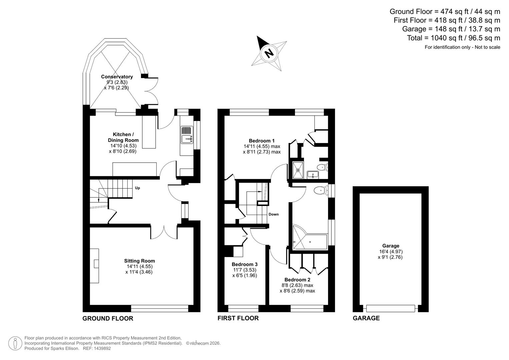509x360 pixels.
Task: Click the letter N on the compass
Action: (x=269, y=53)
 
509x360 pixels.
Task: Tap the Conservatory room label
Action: (x=117, y=77)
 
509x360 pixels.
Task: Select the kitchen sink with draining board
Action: (x=187, y=135)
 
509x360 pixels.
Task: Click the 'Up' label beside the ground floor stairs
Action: (x=137, y=188)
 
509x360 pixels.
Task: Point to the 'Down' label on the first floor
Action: (x=273, y=214)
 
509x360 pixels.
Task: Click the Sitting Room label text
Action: (x=139, y=261)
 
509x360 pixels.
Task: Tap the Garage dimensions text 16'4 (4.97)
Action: (x=390, y=252)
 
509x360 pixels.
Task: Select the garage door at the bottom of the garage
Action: (x=390, y=308)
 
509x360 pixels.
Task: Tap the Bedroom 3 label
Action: (x=244, y=264)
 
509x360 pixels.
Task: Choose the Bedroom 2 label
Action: (x=297, y=280)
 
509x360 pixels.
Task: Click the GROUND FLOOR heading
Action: (x=108, y=318)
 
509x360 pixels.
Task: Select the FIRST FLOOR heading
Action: (x=238, y=318)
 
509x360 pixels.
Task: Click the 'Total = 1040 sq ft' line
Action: (x=453, y=38)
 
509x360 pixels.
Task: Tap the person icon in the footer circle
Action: (x=15, y=343)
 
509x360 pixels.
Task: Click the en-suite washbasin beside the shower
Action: (x=313, y=174)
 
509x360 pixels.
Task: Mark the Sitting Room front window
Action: (x=160, y=308)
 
